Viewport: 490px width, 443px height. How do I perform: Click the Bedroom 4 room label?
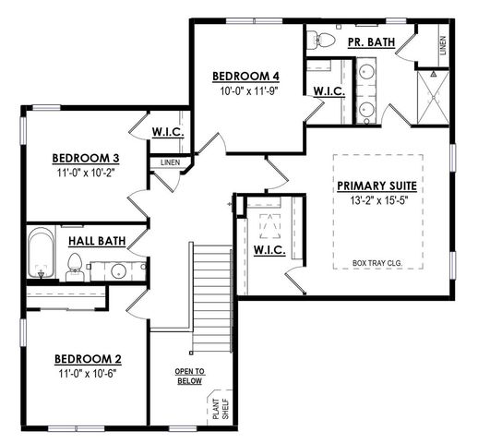(245, 76)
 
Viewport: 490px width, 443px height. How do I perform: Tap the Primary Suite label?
(378, 186)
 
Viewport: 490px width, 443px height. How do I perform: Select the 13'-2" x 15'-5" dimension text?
(378, 200)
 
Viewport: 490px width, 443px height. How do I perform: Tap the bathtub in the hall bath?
(42, 257)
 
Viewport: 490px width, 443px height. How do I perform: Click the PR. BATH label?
(369, 43)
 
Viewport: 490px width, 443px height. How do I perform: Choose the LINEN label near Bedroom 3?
(170, 163)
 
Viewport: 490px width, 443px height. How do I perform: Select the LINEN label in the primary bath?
(444, 46)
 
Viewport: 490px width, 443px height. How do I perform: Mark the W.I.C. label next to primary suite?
(268, 250)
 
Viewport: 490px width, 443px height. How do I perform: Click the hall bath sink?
(118, 270)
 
